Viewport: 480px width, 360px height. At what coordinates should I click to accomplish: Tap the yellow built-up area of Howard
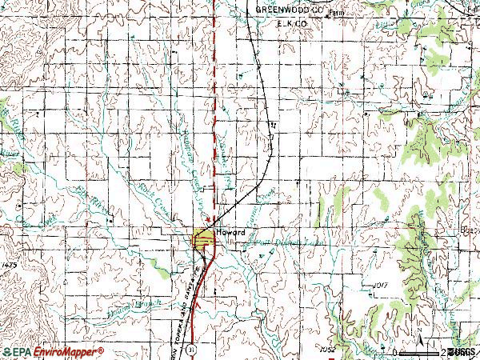(x=203, y=238)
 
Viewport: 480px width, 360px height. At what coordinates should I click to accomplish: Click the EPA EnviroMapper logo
(x=53, y=351)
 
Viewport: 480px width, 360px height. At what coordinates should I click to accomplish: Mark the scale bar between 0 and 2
(x=420, y=352)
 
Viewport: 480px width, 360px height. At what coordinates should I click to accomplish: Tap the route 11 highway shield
(x=190, y=350)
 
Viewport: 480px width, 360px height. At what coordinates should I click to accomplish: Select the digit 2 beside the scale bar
(x=442, y=352)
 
